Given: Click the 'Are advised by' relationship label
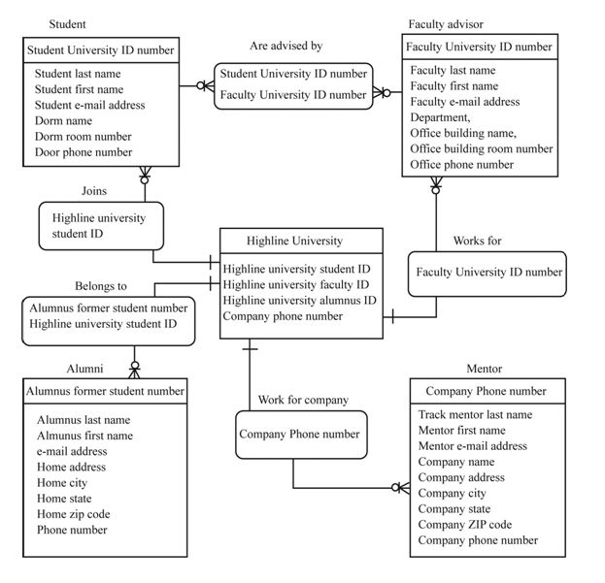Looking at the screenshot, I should [x=286, y=46].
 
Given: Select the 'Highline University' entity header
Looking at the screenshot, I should [x=293, y=241].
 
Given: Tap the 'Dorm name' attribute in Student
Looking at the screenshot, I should [x=64, y=121].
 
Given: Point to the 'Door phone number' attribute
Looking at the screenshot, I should [x=84, y=152].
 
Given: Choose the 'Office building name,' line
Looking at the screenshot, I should [x=463, y=133].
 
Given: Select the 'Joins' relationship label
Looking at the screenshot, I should [x=94, y=191].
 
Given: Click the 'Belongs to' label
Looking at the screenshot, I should [x=101, y=286].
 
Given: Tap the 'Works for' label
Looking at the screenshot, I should [x=477, y=241].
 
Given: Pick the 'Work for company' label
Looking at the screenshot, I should [x=303, y=400].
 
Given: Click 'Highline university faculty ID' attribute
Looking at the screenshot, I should [x=295, y=284].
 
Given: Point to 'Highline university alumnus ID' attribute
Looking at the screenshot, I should [x=299, y=300].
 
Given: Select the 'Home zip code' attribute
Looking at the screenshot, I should [x=74, y=514].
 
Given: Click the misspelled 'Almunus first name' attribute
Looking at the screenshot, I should [x=85, y=436].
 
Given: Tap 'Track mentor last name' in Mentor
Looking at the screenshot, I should [x=475, y=414].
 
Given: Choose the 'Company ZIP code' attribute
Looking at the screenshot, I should [x=465, y=524].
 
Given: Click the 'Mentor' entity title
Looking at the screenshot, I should [x=484, y=370].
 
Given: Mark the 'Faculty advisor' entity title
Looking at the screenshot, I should [x=446, y=23].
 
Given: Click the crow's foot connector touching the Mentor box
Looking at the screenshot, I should [x=401, y=487].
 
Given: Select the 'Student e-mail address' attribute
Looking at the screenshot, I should [x=90, y=105].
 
